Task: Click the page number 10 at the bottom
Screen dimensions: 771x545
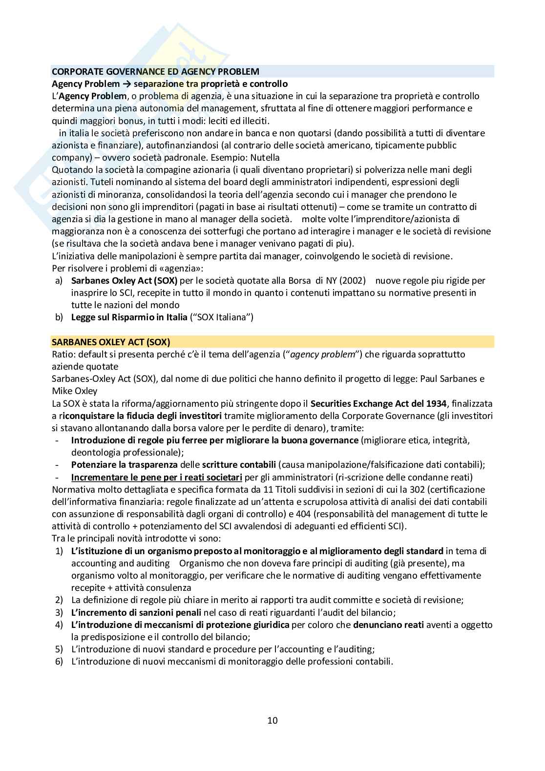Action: point(272,720)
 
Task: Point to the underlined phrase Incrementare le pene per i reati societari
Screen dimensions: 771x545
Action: point(156,477)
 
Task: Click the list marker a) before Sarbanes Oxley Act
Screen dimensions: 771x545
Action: point(59,280)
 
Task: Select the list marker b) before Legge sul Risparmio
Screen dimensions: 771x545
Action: point(59,317)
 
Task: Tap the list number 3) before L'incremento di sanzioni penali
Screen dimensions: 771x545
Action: point(59,612)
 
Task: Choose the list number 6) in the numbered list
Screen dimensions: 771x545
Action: point(59,662)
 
